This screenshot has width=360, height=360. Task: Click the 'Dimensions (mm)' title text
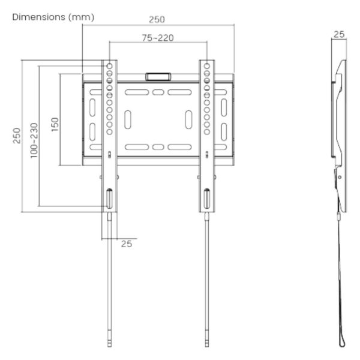point(53,17)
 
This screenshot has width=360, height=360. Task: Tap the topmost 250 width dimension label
point(157,20)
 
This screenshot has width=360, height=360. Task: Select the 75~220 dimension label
point(158,38)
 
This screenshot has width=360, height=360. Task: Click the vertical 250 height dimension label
point(17,136)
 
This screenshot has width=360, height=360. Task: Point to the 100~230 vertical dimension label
point(34,140)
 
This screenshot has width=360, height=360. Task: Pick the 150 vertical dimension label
point(55,124)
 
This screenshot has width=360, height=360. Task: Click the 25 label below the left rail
point(127,244)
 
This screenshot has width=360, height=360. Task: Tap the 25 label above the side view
point(339,34)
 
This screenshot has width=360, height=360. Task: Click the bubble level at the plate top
point(158,77)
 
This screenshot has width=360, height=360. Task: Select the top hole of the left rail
point(110,66)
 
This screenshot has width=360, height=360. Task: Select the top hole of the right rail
point(207,66)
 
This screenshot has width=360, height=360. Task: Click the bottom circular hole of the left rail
point(110,132)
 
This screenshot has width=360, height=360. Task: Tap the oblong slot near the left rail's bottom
point(110,199)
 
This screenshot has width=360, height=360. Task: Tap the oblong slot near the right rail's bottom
point(207,199)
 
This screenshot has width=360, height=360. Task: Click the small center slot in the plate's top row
point(158,92)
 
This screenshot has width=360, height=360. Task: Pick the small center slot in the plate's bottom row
point(158,147)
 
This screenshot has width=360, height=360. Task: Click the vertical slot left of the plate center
point(128,119)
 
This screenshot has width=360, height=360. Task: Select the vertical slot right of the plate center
point(189,119)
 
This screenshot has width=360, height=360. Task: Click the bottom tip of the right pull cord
point(207,347)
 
